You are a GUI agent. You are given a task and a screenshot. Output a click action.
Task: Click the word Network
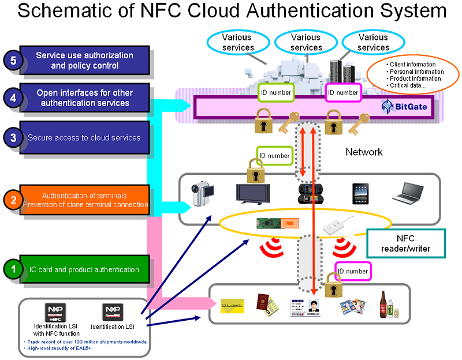tap(364, 152)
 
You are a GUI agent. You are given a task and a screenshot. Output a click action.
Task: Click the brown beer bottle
tap(382, 303)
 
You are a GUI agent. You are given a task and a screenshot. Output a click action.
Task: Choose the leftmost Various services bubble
tap(238, 42)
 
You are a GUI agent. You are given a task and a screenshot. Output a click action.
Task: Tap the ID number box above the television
tap(274, 156)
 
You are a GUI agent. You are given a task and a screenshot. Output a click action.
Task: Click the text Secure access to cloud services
tap(84, 137)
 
